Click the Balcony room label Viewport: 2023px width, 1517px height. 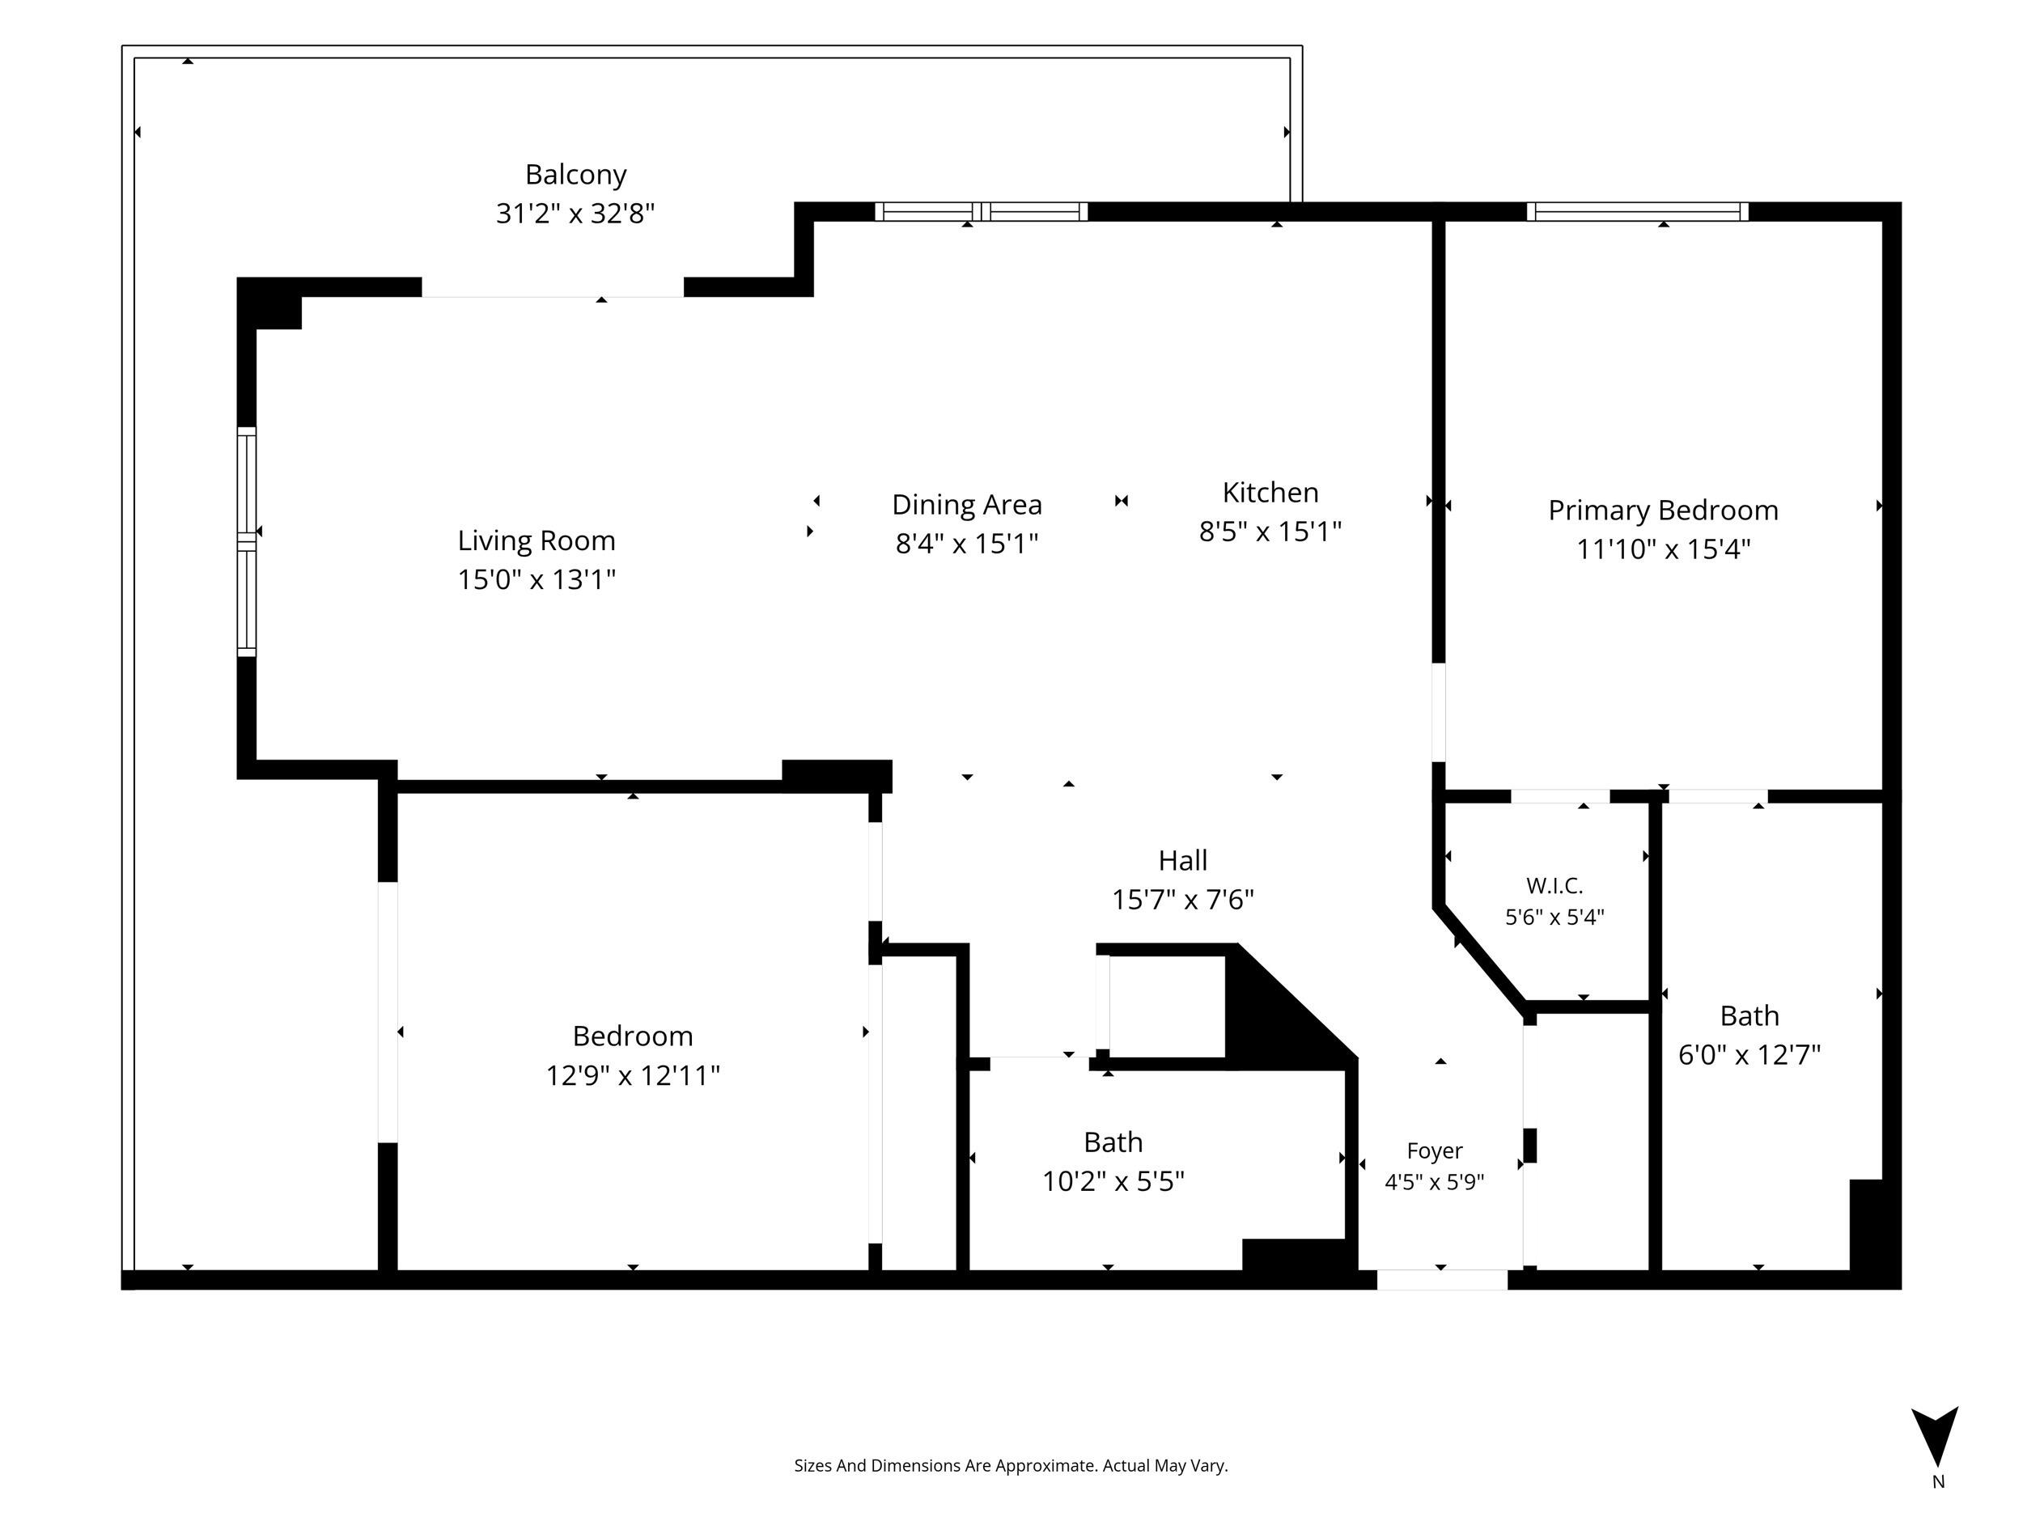(x=575, y=175)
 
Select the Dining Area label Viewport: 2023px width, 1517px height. (x=967, y=505)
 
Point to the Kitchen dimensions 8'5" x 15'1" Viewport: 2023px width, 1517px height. (x=1270, y=532)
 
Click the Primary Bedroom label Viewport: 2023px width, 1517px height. (x=1663, y=511)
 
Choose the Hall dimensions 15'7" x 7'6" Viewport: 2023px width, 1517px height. (x=1182, y=900)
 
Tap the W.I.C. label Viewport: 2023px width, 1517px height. (x=1554, y=885)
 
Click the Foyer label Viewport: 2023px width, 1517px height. (x=1434, y=1151)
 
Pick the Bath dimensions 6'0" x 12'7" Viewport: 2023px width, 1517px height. (x=1749, y=1055)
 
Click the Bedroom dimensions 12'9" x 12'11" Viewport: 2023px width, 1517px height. (x=633, y=1075)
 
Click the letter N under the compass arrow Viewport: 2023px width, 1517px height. (x=1938, y=1482)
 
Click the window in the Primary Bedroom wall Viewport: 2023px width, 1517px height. (x=1637, y=211)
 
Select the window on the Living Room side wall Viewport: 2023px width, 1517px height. (x=247, y=541)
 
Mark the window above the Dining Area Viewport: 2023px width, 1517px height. (x=982, y=211)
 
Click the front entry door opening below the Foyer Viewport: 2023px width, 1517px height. (x=1442, y=1280)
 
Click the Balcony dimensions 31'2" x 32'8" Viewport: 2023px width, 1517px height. (x=575, y=214)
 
